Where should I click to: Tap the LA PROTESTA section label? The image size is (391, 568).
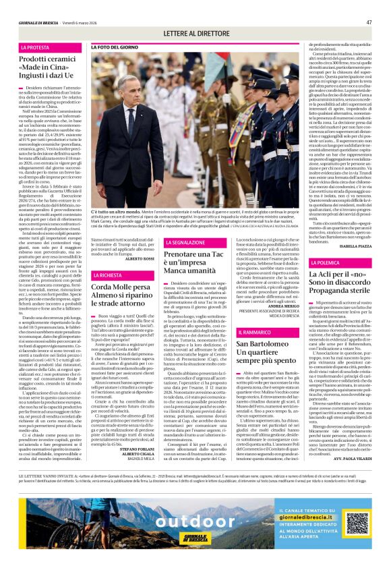click(x=35, y=48)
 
